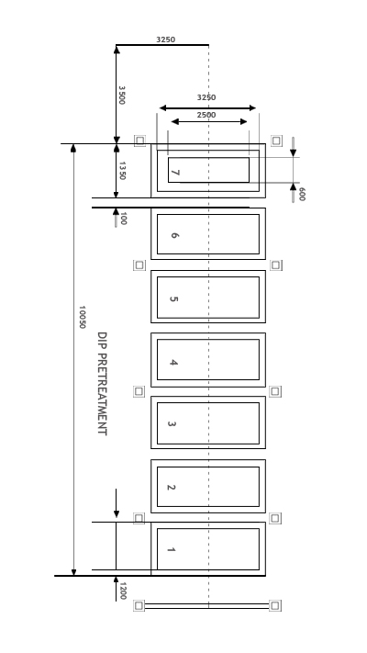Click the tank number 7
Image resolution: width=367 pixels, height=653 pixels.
175,173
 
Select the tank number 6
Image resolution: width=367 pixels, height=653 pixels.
174,235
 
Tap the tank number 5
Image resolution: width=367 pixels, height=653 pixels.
174,298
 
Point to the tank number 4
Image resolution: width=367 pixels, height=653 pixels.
173,362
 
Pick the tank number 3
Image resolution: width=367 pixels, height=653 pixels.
172,424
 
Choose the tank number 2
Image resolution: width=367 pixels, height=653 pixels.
171,488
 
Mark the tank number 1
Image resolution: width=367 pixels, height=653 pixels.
171,550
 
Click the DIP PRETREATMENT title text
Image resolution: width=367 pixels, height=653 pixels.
102,384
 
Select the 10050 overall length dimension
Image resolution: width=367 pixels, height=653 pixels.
82,317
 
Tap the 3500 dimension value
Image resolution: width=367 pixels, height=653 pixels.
121,95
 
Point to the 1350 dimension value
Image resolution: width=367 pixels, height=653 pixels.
122,170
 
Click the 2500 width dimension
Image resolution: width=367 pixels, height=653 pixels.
206,115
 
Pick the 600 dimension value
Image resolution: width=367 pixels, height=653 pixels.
302,194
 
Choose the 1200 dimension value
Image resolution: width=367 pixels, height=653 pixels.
123,591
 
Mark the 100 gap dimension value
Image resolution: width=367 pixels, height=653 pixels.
123,219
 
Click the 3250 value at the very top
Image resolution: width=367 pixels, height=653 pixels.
165,39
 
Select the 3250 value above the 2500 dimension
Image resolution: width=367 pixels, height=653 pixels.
206,97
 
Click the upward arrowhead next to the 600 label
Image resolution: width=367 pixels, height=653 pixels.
293,187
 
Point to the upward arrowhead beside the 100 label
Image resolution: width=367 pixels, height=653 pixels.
117,211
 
